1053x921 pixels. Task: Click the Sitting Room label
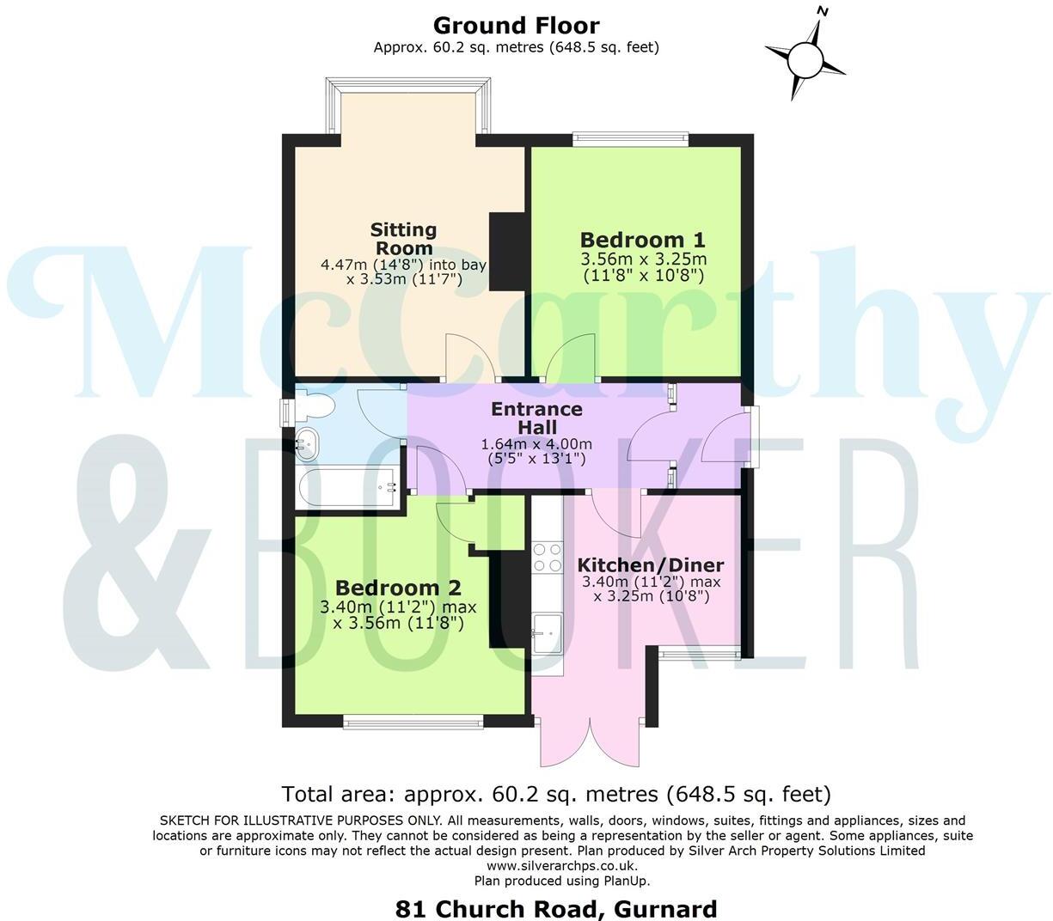[x=403, y=238]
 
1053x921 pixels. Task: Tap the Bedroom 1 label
[x=642, y=240]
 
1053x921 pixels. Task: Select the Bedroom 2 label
[x=398, y=589]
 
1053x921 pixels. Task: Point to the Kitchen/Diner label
[x=650, y=565]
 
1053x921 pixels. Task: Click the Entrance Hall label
[x=536, y=418]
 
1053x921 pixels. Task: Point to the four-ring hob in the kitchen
[x=547, y=558]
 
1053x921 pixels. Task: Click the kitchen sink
[x=546, y=631]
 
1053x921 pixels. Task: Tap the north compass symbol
[x=805, y=58]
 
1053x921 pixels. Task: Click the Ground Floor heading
[x=516, y=26]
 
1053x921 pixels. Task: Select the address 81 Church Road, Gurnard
[x=555, y=908]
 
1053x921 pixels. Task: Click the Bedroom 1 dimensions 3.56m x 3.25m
[x=643, y=259]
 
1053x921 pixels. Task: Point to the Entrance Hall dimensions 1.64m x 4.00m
[x=536, y=444]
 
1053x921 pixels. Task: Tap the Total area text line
[x=556, y=793]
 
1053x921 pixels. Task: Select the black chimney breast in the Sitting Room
[x=507, y=253]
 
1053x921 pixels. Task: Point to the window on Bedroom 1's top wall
[x=631, y=135]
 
